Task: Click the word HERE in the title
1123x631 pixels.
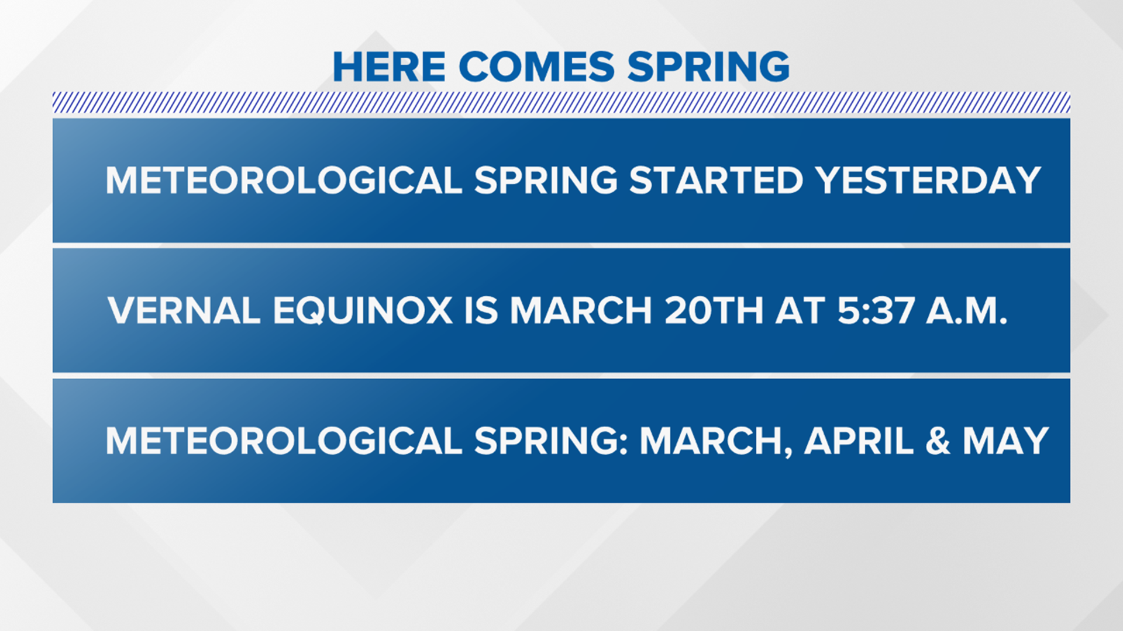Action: (x=389, y=67)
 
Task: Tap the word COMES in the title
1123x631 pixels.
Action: (x=536, y=67)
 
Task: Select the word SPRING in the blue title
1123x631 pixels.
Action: (x=708, y=67)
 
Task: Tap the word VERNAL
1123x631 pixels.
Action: (x=184, y=310)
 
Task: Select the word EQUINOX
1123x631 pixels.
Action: (x=363, y=310)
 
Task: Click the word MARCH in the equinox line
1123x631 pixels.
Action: (x=581, y=310)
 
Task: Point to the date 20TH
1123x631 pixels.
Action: (x=714, y=310)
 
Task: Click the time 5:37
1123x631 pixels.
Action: (x=876, y=310)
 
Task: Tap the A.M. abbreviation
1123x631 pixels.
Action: (x=967, y=310)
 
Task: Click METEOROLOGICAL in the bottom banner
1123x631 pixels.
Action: (x=284, y=441)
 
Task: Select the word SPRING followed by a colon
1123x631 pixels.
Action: (x=550, y=441)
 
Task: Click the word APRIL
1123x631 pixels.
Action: (x=859, y=441)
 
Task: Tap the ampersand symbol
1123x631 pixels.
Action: (x=938, y=441)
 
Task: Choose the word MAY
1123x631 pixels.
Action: (x=1005, y=441)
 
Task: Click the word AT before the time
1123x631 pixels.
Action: (x=800, y=310)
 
